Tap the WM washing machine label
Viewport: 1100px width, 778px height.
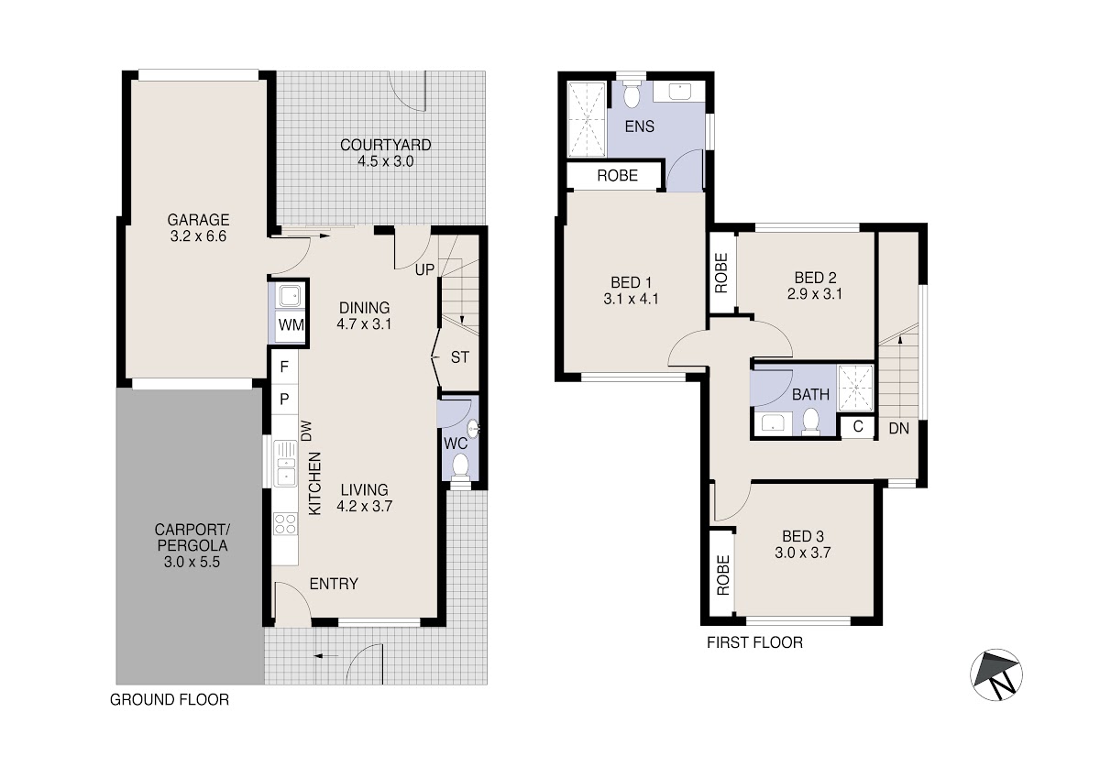point(291,325)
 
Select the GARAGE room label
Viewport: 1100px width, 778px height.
point(198,219)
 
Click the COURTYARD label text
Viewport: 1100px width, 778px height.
point(386,146)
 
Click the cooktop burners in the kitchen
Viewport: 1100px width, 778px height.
point(285,523)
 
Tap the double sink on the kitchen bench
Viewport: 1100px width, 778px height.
point(285,464)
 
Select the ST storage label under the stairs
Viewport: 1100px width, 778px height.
point(459,357)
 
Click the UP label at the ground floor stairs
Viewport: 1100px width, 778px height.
point(424,269)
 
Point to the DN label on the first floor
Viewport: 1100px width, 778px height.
point(898,429)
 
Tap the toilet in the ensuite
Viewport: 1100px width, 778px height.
point(631,94)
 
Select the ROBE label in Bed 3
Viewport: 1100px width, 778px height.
point(723,575)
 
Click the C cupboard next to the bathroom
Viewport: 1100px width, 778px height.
point(858,426)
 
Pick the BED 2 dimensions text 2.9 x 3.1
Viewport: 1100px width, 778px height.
point(815,294)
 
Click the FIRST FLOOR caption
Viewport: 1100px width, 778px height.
point(754,642)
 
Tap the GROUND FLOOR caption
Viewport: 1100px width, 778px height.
point(170,699)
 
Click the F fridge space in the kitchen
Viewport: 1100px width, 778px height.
point(284,367)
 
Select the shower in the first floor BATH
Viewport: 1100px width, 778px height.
point(855,388)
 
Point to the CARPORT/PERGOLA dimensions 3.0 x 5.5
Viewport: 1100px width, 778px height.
point(192,562)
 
